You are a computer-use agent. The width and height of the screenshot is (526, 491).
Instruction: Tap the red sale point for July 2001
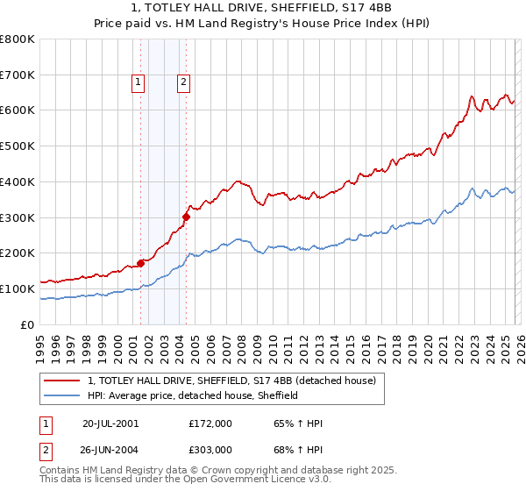[x=140, y=262]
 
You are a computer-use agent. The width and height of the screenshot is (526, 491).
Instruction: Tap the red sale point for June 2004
[x=186, y=216]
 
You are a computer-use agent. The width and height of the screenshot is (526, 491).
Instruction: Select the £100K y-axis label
[x=18, y=288]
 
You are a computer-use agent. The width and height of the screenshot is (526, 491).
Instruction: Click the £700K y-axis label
[x=18, y=75]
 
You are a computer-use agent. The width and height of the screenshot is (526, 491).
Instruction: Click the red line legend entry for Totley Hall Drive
[x=231, y=381]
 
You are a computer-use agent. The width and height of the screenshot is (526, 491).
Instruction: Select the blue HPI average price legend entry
[x=193, y=395]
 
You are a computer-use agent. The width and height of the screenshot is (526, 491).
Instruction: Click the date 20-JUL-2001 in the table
[x=110, y=423]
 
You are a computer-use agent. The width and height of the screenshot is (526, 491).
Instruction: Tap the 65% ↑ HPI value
[x=299, y=423]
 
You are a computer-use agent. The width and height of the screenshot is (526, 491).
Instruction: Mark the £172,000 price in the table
[x=210, y=423]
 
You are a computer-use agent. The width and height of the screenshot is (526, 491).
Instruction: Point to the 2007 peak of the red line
[x=238, y=181]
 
